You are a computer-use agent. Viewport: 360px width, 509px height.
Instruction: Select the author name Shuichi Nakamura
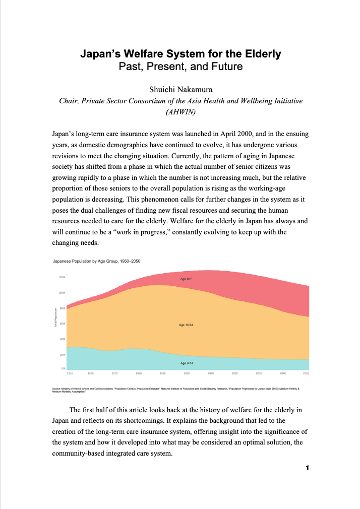[180, 89]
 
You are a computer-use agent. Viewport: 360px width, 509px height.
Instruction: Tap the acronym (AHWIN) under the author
[180, 112]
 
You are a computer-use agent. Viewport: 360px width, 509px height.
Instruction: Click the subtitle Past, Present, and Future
[180, 66]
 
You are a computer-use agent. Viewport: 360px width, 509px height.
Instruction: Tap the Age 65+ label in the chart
[186, 278]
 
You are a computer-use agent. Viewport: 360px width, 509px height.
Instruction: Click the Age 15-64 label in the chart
[186, 325]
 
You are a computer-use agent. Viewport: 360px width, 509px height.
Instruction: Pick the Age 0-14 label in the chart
[186, 363]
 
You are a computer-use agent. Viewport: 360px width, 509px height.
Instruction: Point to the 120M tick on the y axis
[62, 277]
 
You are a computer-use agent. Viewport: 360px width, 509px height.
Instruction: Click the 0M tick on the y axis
[63, 369]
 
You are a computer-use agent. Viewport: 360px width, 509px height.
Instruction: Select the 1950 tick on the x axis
[70, 373]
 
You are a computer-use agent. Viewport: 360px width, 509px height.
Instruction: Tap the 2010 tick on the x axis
[211, 373]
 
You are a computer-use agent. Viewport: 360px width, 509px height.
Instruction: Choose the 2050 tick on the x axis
[306, 373]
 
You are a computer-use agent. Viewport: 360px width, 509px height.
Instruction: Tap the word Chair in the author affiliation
[68, 101]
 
